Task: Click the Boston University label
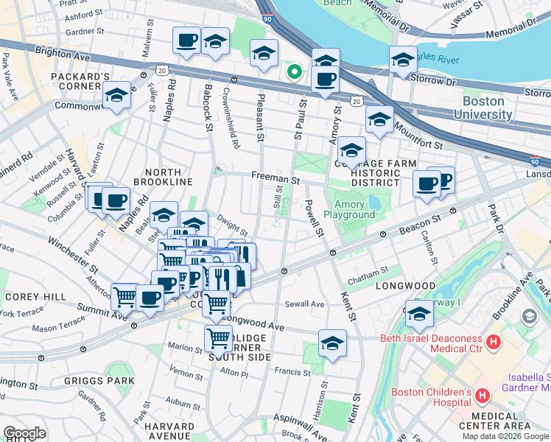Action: pyautogui.click(x=483, y=108)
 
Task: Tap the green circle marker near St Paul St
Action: pyautogui.click(x=294, y=71)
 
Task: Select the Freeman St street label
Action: pyautogui.click(x=275, y=179)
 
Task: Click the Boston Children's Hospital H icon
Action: pyautogui.click(x=482, y=396)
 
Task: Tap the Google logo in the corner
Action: pyautogui.click(x=24, y=432)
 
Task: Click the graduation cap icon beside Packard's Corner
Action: pyautogui.click(x=116, y=96)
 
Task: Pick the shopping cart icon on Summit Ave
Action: pyautogui.click(x=124, y=296)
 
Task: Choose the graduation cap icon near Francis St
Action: pyautogui.click(x=332, y=343)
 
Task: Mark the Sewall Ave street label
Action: pyautogui.click(x=305, y=304)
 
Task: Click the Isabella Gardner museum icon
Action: pyautogui.click(x=529, y=316)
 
